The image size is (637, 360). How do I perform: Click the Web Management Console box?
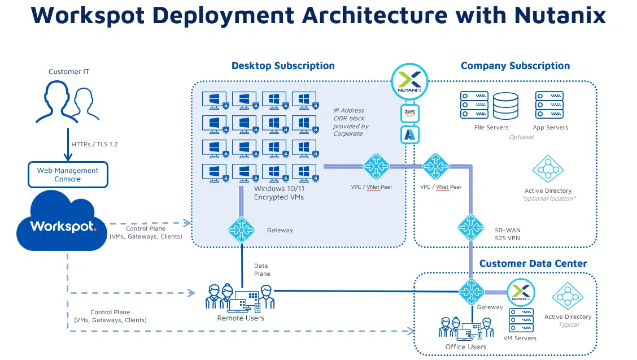point(67,175)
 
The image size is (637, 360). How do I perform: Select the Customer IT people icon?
point(62,102)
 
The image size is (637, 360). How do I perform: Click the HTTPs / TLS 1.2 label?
point(94,144)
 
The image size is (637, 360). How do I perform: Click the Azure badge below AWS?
point(409,135)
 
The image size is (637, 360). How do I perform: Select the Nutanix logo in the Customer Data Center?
point(520,293)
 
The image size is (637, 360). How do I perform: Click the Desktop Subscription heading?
point(283,66)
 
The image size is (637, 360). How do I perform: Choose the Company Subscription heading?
point(515,66)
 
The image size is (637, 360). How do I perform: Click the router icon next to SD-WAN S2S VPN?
point(470,227)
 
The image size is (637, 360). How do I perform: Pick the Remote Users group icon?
point(240,298)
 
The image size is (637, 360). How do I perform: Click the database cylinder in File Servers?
point(505,106)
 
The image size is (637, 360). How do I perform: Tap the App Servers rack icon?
point(549,105)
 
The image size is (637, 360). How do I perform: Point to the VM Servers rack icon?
point(520,320)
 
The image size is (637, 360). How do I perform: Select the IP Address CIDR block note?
point(351,122)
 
